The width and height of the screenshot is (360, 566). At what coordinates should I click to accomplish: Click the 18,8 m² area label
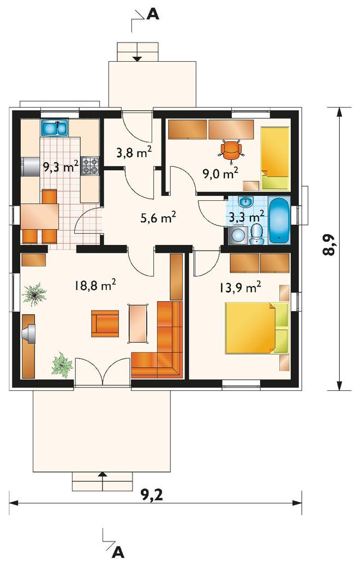click(95, 285)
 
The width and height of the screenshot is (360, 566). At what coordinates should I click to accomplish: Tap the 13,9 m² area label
click(240, 288)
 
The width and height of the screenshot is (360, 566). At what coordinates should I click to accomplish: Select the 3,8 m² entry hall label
click(134, 152)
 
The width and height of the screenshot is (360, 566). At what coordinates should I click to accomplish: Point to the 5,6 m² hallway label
click(158, 218)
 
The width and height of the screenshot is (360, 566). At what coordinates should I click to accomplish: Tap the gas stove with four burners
click(90, 166)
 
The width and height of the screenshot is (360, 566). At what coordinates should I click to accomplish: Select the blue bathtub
click(280, 221)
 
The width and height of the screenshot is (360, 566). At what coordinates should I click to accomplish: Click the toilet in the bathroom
click(256, 234)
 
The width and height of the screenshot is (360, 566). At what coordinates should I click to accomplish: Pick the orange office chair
click(231, 150)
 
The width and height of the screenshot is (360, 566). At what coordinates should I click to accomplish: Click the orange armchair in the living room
click(105, 324)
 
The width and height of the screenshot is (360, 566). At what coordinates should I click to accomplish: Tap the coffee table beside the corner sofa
click(139, 323)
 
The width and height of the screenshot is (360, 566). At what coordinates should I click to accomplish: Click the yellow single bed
click(275, 158)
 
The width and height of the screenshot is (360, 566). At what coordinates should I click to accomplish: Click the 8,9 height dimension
click(328, 245)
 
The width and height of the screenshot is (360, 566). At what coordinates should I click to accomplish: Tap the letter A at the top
click(153, 14)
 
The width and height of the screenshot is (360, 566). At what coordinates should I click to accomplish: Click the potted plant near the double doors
click(62, 365)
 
